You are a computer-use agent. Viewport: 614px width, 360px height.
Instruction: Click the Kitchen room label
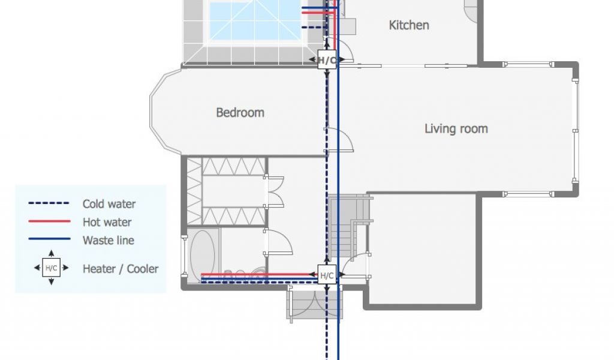tap(409, 25)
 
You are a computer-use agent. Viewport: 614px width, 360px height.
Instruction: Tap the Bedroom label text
tap(240, 113)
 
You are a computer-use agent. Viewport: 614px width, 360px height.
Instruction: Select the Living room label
tap(456, 129)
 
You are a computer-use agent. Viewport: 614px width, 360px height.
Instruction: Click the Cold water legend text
tap(109, 203)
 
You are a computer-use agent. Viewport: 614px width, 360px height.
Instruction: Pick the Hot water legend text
tap(107, 222)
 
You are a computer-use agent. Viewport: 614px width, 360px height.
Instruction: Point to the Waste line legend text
tap(109, 240)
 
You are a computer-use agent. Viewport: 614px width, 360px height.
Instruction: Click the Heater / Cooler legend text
tap(121, 269)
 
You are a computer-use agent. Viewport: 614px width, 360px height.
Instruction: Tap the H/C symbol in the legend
tap(52, 268)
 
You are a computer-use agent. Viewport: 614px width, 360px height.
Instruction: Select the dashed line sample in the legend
tap(49, 203)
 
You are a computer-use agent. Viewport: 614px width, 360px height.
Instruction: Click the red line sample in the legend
tap(49, 221)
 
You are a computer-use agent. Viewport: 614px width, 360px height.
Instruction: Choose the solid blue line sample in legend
tap(49, 239)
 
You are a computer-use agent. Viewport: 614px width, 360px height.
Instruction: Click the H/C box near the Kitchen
tap(327, 60)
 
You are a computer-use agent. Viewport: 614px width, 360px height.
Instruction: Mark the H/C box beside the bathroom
tap(327, 275)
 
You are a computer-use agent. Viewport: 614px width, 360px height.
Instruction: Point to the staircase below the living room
tap(348, 227)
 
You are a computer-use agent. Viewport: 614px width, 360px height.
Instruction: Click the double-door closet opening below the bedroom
tap(274, 191)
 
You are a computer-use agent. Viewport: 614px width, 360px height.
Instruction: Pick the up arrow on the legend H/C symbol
tap(52, 253)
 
